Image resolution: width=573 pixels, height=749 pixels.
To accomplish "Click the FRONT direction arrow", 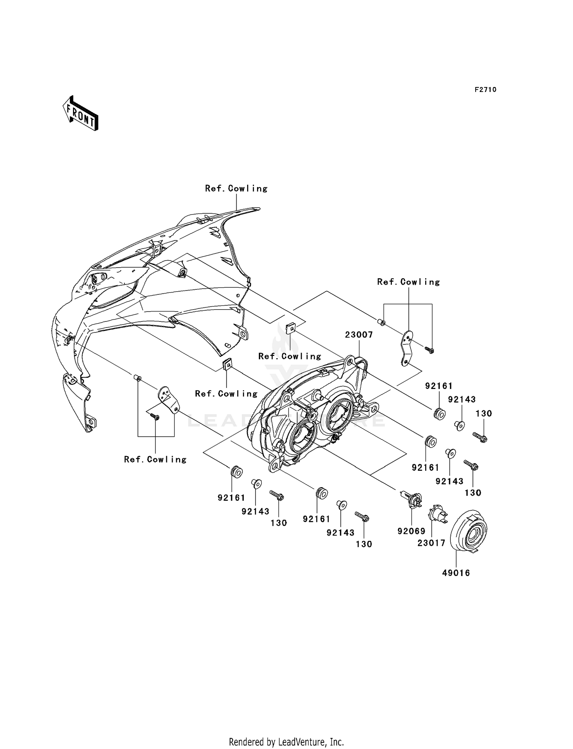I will (x=81, y=113).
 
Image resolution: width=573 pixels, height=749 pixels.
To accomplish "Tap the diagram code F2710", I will (x=486, y=90).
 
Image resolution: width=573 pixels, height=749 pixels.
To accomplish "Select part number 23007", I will (x=359, y=335).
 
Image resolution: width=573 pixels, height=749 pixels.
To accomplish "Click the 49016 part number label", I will (x=456, y=573).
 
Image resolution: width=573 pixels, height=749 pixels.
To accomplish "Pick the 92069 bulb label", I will (x=411, y=531).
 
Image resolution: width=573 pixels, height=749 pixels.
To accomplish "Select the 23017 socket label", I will (x=431, y=542).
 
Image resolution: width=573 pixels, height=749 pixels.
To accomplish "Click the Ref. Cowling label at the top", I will (x=236, y=189).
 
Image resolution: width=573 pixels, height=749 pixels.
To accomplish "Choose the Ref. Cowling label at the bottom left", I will (x=155, y=459).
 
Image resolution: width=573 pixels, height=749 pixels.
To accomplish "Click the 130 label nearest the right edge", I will (x=484, y=413).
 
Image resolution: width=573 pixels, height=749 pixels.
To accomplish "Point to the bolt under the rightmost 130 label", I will (x=480, y=437).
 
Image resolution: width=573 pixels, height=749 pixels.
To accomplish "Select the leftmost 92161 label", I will (x=231, y=498).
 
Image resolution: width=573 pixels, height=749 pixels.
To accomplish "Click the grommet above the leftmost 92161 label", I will (x=236, y=472).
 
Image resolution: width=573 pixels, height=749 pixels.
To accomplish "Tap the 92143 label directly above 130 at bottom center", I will (x=341, y=533).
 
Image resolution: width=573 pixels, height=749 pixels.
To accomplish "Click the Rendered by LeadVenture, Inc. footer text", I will (x=286, y=742).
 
